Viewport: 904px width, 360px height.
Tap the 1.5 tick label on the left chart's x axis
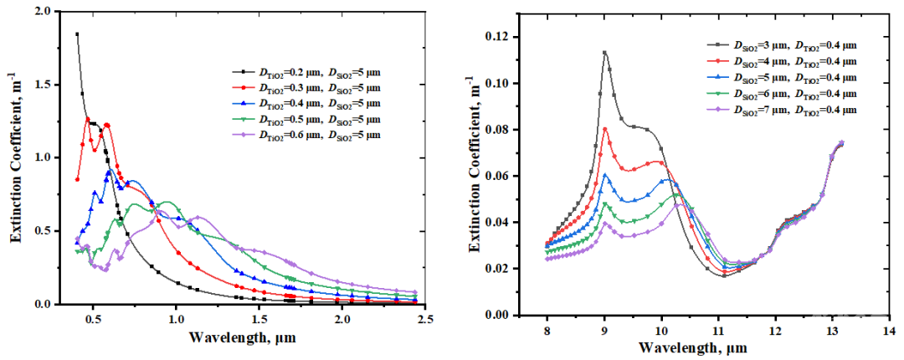[259, 319]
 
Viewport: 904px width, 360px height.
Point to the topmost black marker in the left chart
[77, 34]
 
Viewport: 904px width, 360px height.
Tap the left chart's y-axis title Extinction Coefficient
[15, 157]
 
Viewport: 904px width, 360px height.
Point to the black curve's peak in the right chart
[604, 52]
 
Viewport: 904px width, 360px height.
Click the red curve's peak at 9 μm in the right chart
[604, 128]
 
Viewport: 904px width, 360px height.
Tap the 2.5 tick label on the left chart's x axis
[425, 319]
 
